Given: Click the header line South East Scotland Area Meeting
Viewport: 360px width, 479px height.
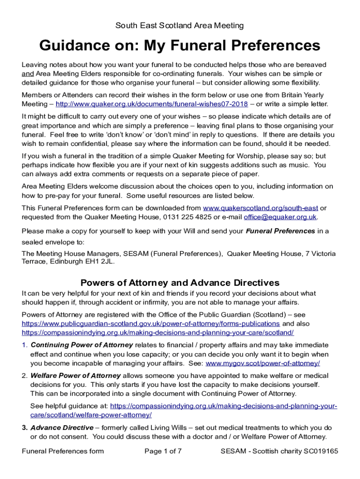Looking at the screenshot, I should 180,25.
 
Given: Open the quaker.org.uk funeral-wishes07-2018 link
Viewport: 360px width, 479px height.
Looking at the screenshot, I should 151,104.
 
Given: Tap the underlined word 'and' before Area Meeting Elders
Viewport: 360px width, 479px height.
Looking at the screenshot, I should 28,74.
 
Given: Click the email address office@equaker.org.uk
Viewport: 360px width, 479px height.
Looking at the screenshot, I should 283,217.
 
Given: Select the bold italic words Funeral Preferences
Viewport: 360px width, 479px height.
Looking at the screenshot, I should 281,231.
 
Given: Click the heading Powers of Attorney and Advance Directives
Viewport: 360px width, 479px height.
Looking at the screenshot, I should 180,283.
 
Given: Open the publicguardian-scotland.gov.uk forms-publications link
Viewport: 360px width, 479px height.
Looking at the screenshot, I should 151,324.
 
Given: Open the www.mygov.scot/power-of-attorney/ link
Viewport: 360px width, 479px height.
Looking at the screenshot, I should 263,363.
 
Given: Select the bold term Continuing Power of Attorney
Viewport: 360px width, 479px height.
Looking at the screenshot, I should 82,345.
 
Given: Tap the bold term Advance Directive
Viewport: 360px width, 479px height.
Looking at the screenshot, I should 62,428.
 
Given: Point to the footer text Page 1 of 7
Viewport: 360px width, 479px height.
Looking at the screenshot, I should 163,451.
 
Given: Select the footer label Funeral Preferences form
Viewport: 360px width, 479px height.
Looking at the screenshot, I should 63,451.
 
